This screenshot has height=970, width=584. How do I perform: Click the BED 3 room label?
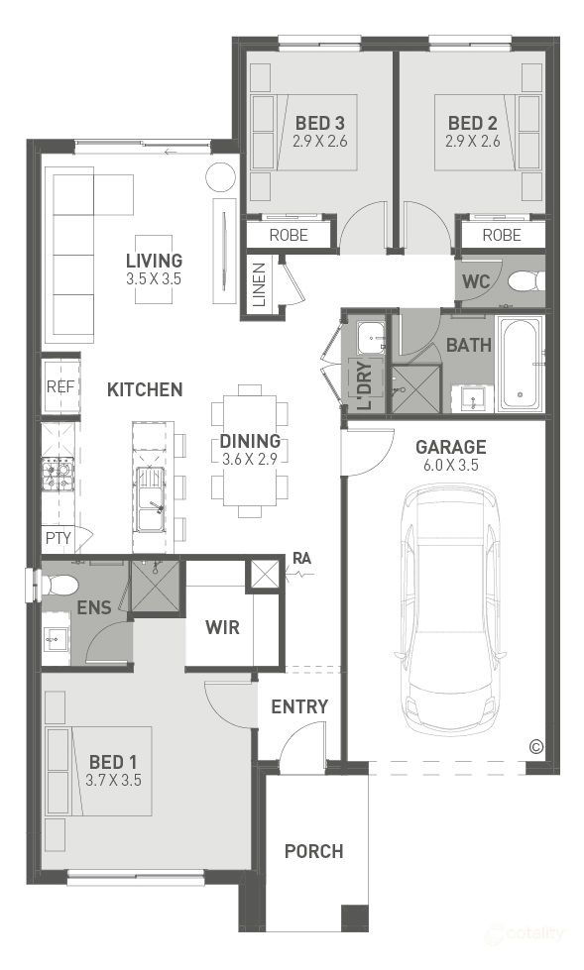319,123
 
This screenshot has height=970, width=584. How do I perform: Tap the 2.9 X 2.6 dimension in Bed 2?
473,141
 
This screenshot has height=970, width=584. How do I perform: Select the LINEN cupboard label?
260,285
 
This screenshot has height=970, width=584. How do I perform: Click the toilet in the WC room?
526,281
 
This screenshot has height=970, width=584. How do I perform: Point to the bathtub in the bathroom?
521,364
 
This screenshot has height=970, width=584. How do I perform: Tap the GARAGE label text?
450,447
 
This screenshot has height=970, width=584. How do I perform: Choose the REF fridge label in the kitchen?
60,386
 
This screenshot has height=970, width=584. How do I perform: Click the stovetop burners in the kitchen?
58,474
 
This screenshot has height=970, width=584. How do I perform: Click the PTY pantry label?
58,538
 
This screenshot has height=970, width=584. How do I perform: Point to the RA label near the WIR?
302,559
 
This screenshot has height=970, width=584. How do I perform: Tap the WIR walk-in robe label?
222,627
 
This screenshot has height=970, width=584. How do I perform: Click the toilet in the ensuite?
58,585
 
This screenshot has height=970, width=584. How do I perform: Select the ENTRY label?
299,706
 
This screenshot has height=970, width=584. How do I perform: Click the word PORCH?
314,851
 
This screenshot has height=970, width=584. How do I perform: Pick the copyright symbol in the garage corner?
536,747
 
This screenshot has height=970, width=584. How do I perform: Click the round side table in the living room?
221,178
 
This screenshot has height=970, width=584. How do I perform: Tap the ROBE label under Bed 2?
502,235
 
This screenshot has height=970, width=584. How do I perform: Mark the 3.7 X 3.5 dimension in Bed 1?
113,780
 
